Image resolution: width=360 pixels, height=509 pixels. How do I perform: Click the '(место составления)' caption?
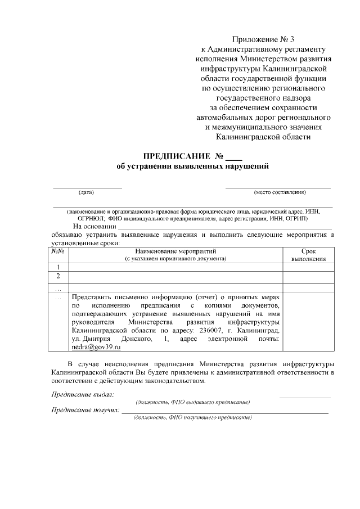coord(280,193)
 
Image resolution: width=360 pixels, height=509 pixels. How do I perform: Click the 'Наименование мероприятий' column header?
coord(175,251)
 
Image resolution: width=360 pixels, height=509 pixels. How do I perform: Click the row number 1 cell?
coord(58,267)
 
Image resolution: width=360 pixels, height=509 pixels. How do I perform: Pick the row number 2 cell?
coord(58,276)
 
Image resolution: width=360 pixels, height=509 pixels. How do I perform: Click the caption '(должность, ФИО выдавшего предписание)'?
coord(193,402)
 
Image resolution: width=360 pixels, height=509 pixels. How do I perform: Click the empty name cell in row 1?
coord(175,267)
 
